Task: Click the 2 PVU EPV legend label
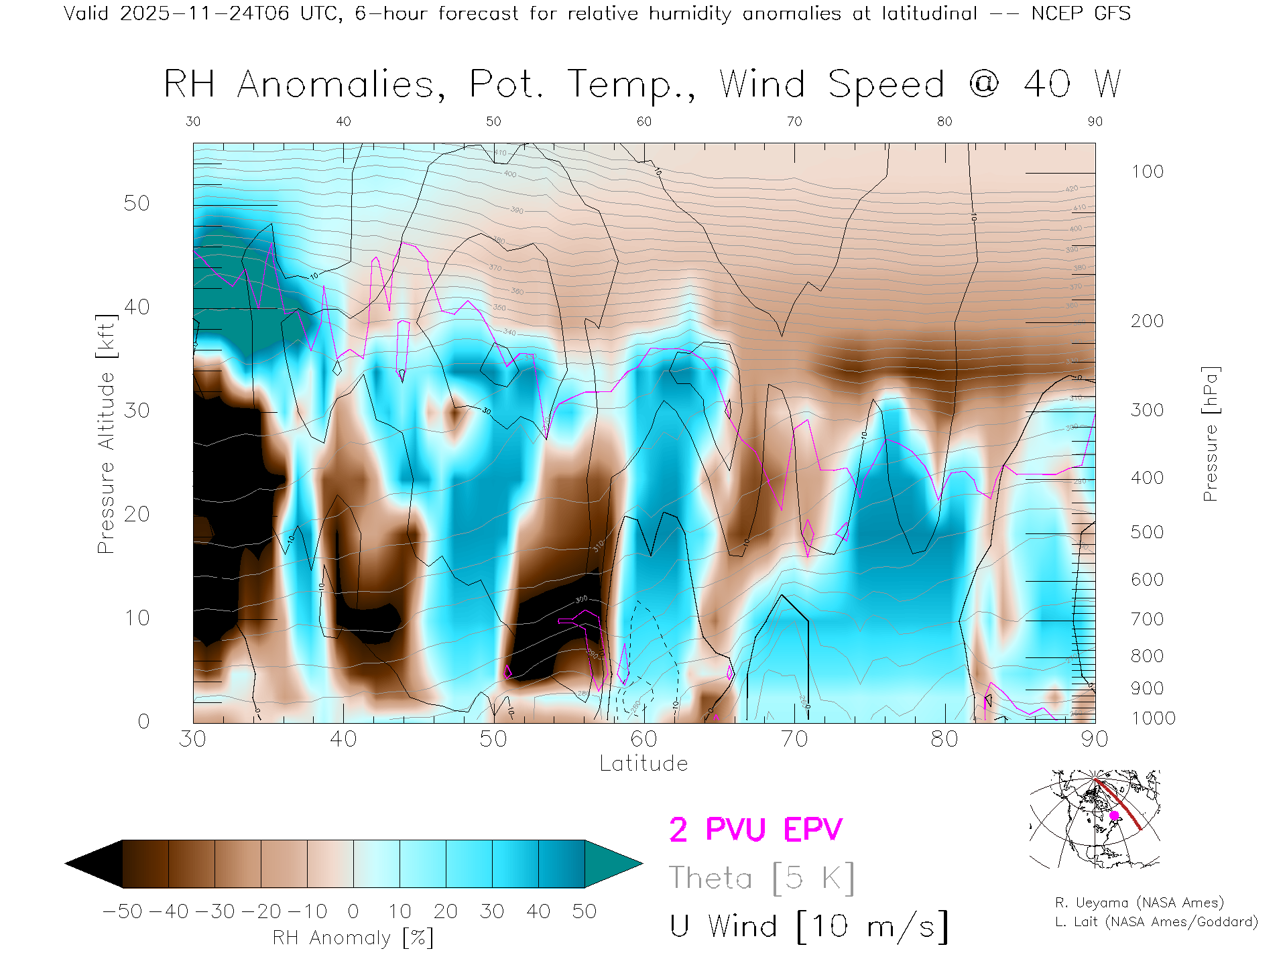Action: (x=755, y=830)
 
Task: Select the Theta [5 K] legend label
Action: (x=761, y=878)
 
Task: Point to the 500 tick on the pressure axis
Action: (x=1147, y=532)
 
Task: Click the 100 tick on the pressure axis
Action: (x=1147, y=172)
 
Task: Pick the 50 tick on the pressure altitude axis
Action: (x=137, y=203)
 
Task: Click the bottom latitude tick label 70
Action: (x=794, y=738)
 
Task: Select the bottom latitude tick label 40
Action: (x=343, y=738)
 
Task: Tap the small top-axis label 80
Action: (x=944, y=121)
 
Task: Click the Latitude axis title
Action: (x=643, y=763)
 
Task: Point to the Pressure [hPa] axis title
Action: (x=1210, y=434)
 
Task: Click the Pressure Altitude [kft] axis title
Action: (x=106, y=434)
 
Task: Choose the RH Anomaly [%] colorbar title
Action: (x=353, y=938)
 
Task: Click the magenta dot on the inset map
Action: (x=1114, y=816)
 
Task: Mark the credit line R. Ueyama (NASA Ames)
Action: (x=1140, y=903)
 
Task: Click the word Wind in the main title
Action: (x=762, y=84)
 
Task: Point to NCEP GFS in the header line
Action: (x=1081, y=13)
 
